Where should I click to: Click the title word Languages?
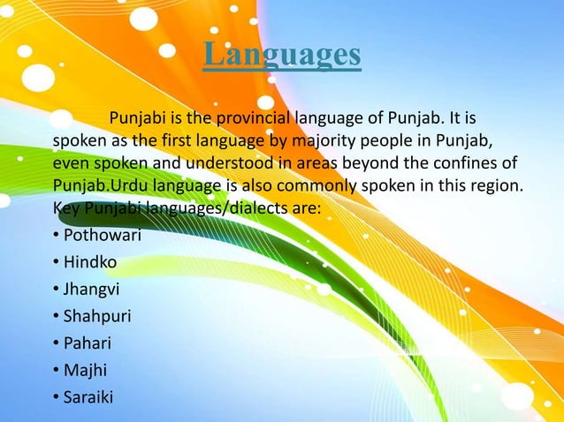(282, 55)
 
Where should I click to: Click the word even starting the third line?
(69, 164)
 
